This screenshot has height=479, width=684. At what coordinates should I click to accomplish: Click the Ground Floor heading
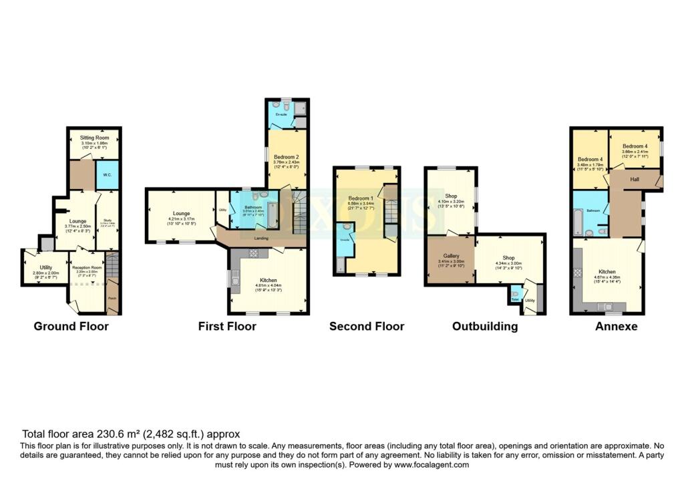(71, 326)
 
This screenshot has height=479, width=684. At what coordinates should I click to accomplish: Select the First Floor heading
(227, 326)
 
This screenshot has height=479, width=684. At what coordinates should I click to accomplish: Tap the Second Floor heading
(367, 326)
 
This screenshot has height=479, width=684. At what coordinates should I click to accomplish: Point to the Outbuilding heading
(485, 326)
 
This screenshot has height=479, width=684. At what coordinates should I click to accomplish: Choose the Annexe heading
(617, 327)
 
